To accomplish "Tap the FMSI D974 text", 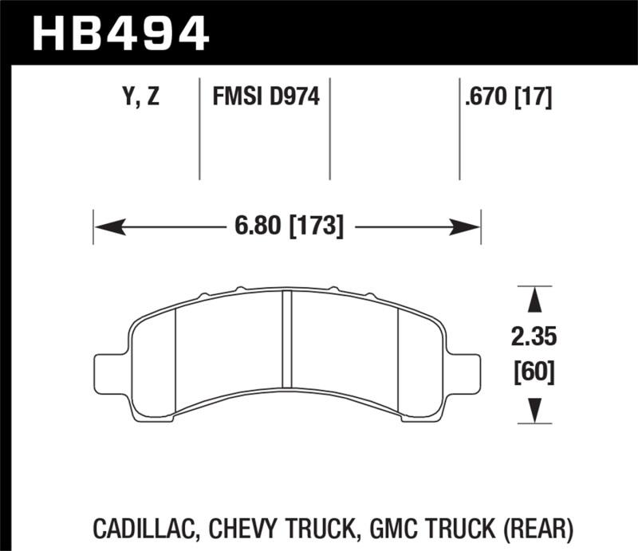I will point(266,98).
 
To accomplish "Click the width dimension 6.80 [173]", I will point(289,228).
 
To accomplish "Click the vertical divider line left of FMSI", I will point(199,128).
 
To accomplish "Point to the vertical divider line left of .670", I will point(459,128).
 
